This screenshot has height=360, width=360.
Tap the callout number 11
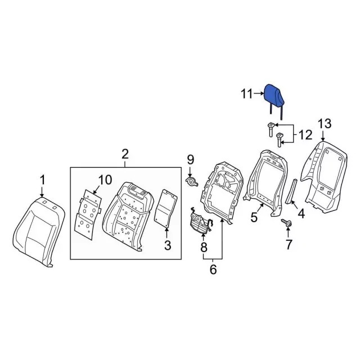pyautogui.click(x=247, y=94)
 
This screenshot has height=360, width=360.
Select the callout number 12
pyautogui.click(x=304, y=135)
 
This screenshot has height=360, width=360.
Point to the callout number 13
pyautogui.click(x=325, y=124)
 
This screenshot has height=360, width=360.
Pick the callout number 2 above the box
pyautogui.click(x=125, y=154)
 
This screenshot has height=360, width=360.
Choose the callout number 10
pyautogui.click(x=105, y=180)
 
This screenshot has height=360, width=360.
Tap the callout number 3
pyautogui.click(x=167, y=245)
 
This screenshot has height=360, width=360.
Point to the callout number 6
pyautogui.click(x=213, y=269)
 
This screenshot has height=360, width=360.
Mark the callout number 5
pyautogui.click(x=254, y=217)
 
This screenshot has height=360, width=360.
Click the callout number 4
pyautogui.click(x=301, y=213)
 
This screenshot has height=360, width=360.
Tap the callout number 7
pyautogui.click(x=290, y=244)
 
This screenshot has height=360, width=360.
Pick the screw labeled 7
pyautogui.click(x=287, y=224)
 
